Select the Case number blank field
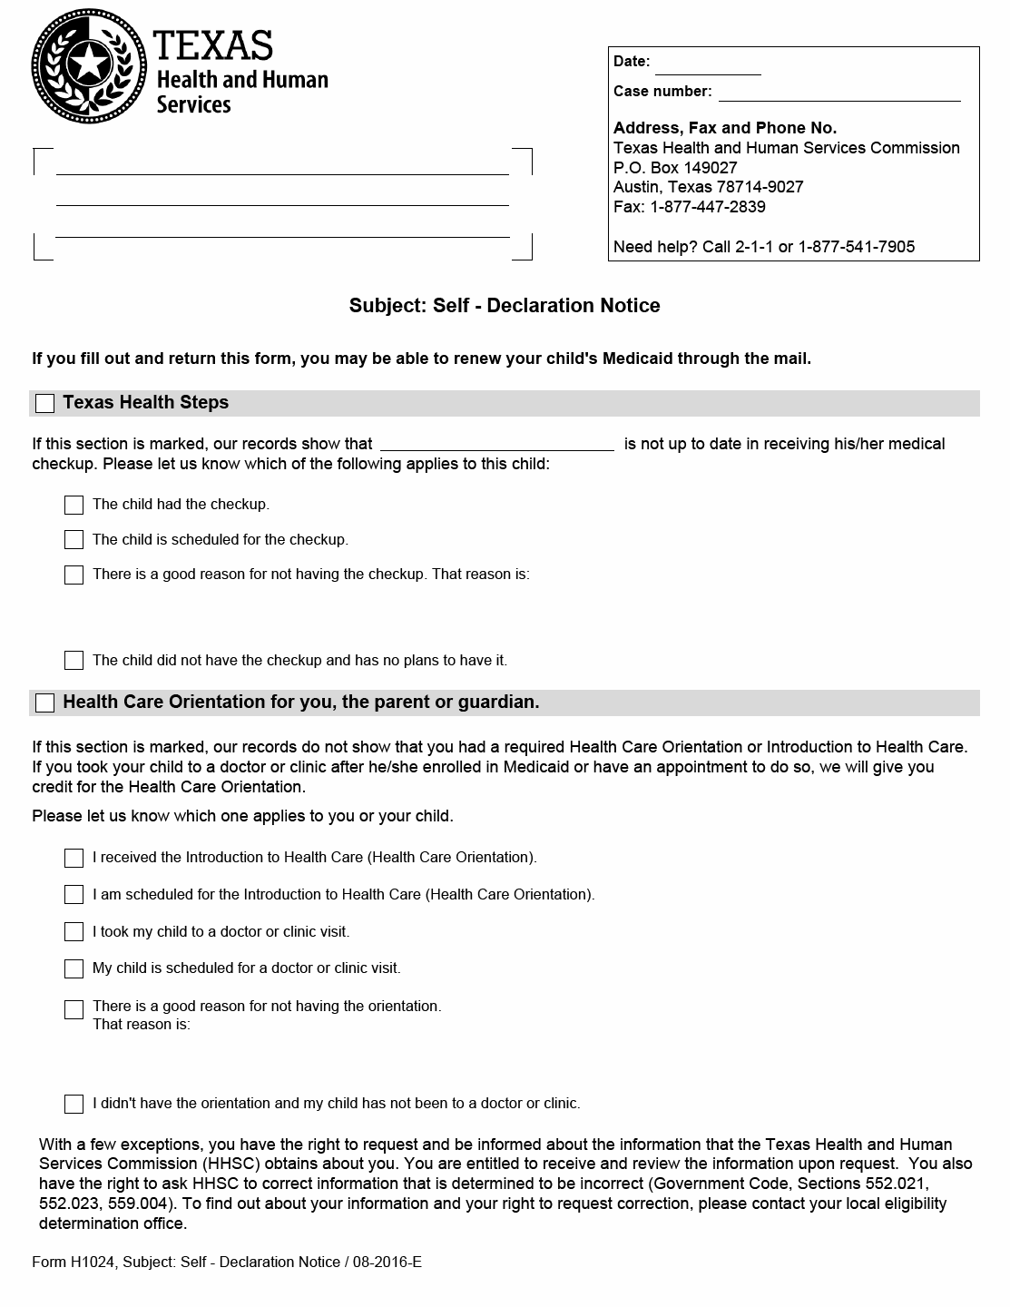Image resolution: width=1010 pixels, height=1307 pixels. point(839,93)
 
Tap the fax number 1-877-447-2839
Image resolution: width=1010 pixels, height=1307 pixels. point(708,207)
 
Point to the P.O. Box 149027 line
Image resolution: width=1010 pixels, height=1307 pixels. point(675,168)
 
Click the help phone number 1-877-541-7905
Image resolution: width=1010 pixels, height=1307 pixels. point(857,247)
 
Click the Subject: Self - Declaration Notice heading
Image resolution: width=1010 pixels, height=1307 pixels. point(505,306)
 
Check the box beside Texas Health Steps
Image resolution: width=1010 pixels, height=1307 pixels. point(44,404)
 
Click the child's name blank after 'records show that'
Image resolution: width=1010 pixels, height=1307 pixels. point(497,443)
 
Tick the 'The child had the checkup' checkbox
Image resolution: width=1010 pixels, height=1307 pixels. point(74,505)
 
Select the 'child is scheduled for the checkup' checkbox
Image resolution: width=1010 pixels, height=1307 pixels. point(74,540)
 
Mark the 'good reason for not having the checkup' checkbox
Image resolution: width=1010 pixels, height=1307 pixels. point(74,575)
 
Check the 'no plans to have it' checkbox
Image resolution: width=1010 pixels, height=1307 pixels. point(74,661)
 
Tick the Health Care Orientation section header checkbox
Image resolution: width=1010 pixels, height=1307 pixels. point(44,703)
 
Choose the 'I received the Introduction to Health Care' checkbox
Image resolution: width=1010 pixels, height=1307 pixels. point(74,858)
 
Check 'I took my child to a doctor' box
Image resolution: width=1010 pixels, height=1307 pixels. point(74,932)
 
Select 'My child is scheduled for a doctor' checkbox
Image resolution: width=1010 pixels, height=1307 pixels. point(74,969)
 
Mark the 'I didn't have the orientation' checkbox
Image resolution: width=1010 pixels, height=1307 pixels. point(74,1104)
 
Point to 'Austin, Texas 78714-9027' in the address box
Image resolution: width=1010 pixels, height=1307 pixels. point(708,187)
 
